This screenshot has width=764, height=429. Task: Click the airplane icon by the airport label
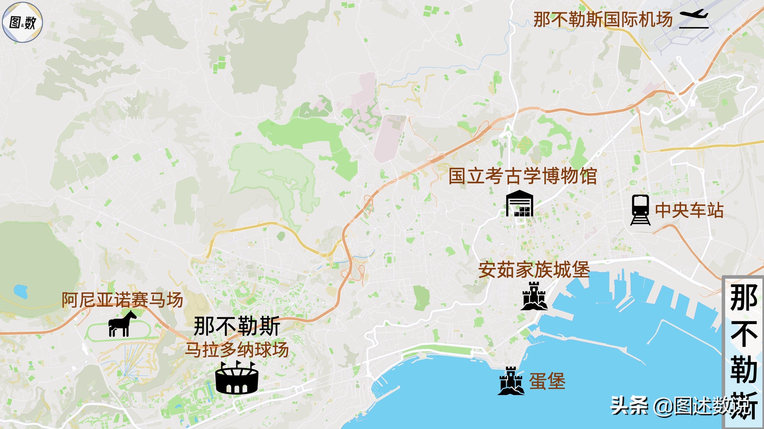coord(694,18)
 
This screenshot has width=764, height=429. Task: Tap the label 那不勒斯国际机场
coord(603,20)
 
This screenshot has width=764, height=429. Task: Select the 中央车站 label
coord(690,210)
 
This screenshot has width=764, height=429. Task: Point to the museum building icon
coord(520,204)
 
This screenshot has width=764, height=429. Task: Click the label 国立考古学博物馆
coord(523,176)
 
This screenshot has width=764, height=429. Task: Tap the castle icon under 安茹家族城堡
coord(534,296)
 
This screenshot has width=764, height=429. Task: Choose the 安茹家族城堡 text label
coord(534,270)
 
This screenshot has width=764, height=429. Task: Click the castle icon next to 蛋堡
coord(511,381)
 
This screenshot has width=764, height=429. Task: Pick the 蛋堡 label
coord(547,381)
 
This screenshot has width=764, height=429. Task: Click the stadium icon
coord(237,378)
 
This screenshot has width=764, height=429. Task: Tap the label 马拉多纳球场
coord(237,350)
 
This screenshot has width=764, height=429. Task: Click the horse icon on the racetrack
coord(122,324)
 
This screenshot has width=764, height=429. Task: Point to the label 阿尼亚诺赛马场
coord(122,300)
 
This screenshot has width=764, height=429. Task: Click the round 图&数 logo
coord(22,22)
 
